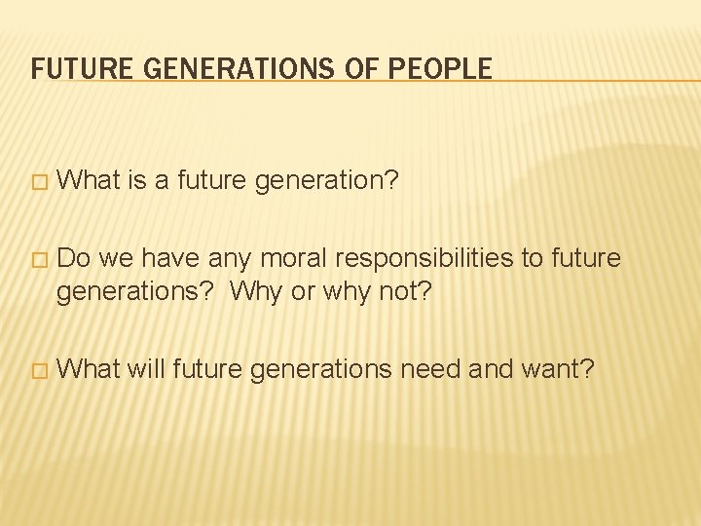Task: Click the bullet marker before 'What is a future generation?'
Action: coord(38,181)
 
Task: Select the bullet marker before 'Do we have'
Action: coord(38,260)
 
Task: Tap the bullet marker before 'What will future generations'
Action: coord(38,370)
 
